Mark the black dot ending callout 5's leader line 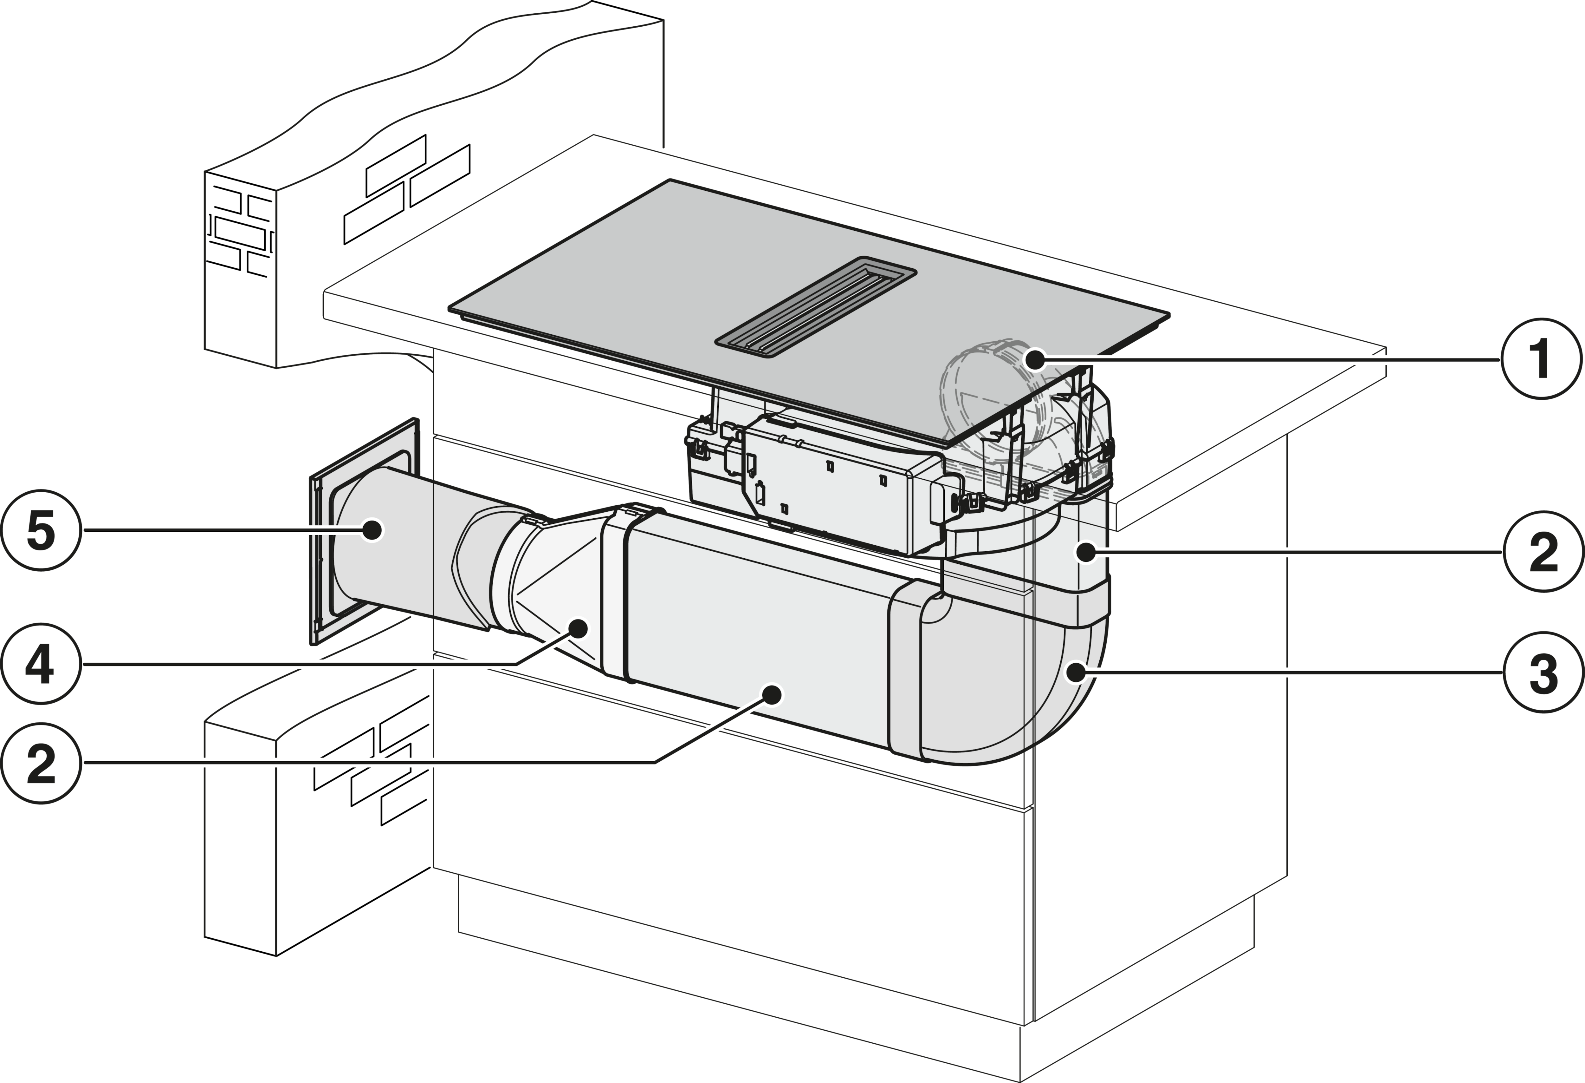(372, 529)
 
